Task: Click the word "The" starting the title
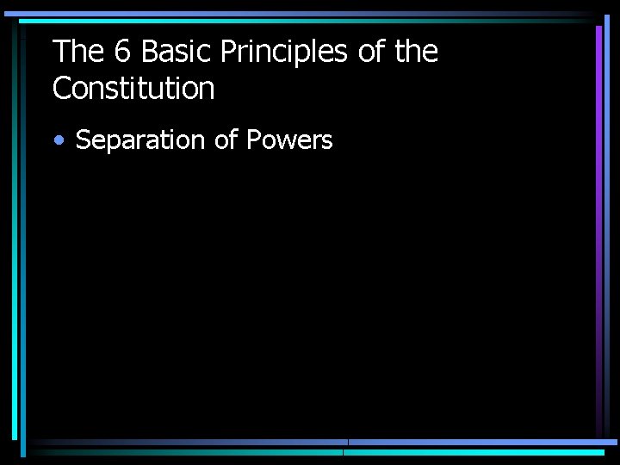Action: pyautogui.click(x=77, y=53)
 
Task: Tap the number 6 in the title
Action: pyautogui.click(x=122, y=53)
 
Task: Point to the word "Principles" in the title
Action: pyautogui.click(x=284, y=53)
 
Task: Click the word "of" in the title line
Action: pyautogui.click(x=370, y=53)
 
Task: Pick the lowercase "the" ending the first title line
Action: pyautogui.click(x=416, y=53)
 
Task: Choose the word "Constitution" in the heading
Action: pyautogui.click(x=133, y=88)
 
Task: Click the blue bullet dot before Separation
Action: pyautogui.click(x=58, y=141)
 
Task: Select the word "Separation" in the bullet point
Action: pyautogui.click(x=140, y=140)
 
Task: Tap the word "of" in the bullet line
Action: pyautogui.click(x=226, y=140)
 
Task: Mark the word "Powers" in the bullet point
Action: pyautogui.click(x=289, y=140)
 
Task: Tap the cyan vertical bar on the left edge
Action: pyautogui.click(x=14, y=232)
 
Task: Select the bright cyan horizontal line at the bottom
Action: pyautogui.click(x=474, y=451)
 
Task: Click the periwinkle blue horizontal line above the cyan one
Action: pyautogui.click(x=482, y=443)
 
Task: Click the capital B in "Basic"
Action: pyautogui.click(x=149, y=53)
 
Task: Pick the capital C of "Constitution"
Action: pyautogui.click(x=62, y=88)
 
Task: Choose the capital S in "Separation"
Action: pyautogui.click(x=84, y=140)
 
